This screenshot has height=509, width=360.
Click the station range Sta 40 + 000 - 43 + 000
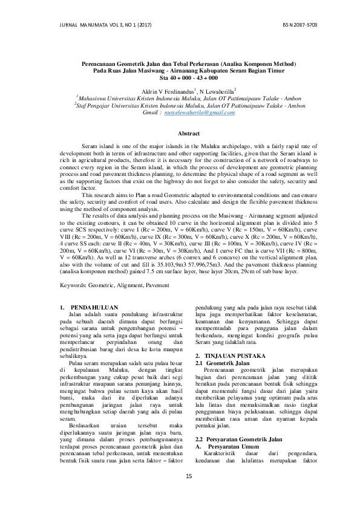(x=180, y=79)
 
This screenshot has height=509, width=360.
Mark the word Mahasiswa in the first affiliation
(x=94, y=96)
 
